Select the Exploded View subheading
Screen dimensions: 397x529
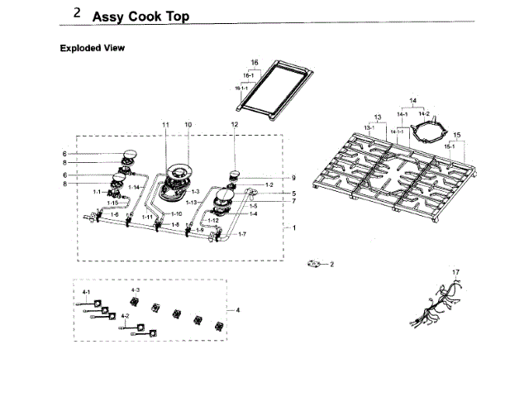[x=92, y=48]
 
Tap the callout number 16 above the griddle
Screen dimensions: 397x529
[x=255, y=63]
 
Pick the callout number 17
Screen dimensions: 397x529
[x=455, y=272]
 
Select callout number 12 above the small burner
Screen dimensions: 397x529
[x=234, y=124]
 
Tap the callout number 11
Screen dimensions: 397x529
[x=165, y=124]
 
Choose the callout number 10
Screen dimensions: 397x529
[x=188, y=124]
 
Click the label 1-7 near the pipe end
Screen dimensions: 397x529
[x=241, y=235]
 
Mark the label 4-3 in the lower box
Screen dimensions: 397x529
[x=136, y=290]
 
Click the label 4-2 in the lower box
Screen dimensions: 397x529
[x=125, y=316]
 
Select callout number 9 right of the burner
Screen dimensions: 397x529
[x=293, y=178]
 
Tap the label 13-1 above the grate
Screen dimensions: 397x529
[x=369, y=127]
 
